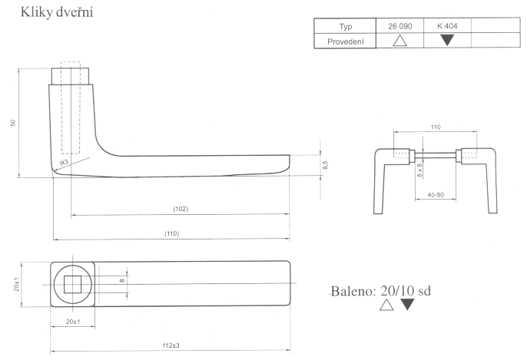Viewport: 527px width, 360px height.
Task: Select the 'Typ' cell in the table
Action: [x=345, y=26]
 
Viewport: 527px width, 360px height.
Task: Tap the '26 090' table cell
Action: [x=400, y=26]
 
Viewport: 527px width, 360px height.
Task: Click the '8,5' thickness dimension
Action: [x=326, y=164]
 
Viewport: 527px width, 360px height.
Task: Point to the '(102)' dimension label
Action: [x=181, y=209]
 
